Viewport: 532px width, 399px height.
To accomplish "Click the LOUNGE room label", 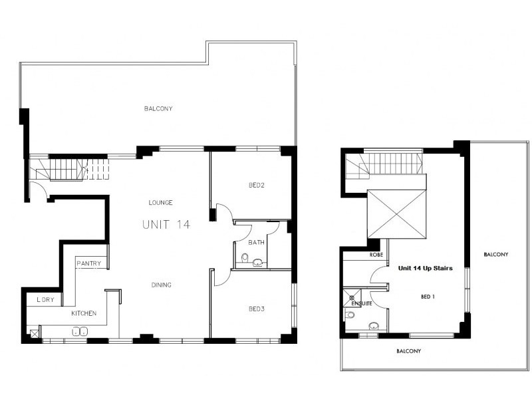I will [x=161, y=202].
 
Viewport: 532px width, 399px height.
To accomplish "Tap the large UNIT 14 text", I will [x=166, y=225].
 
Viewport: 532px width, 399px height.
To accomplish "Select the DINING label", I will [x=161, y=285].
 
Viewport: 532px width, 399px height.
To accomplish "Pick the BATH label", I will [x=257, y=243].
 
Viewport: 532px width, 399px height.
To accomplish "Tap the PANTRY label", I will [x=88, y=264].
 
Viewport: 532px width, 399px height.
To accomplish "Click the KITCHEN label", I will [x=84, y=313].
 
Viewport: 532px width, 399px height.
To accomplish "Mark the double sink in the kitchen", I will [x=80, y=331].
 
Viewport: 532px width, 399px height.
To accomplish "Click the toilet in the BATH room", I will [x=245, y=259].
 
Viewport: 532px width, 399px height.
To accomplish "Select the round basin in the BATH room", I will [x=257, y=263].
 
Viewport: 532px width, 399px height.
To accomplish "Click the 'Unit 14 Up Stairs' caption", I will [x=425, y=269].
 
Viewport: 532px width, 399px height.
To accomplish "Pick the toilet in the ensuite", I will [x=349, y=315].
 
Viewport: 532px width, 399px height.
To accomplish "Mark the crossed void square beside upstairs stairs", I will [x=396, y=214].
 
